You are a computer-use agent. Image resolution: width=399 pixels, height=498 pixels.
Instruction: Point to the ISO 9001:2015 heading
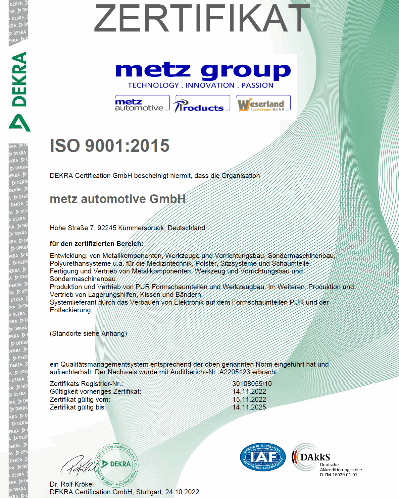coord(110,146)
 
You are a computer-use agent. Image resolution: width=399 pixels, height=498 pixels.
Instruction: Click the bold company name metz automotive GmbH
coord(117,199)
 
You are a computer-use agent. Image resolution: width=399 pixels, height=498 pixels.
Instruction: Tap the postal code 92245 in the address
coord(107,228)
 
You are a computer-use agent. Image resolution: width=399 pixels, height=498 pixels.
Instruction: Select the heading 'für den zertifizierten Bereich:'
coord(96,244)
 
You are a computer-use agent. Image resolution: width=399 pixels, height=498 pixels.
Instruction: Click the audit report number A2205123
coord(235,372)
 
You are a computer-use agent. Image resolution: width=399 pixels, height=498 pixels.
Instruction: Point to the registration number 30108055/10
coord(252,384)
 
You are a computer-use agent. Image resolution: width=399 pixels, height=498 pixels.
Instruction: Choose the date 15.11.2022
coord(249,399)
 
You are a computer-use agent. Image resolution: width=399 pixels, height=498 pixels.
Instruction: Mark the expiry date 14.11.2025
coord(249,407)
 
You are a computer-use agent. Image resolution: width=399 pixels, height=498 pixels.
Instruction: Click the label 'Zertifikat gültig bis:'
coord(78,407)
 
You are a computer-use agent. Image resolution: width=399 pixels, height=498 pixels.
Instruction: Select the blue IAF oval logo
coord(263,457)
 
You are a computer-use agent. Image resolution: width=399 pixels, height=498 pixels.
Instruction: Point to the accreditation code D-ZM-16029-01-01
coord(338,475)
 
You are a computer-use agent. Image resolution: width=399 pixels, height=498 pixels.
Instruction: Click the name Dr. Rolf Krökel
coord(72,484)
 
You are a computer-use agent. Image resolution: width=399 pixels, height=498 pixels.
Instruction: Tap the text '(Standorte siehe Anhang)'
coord(88,333)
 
